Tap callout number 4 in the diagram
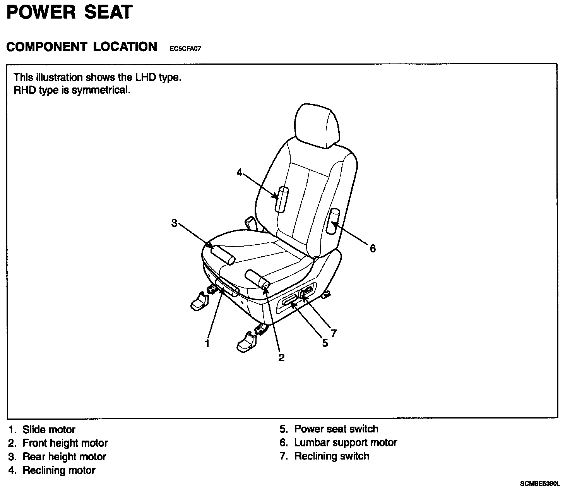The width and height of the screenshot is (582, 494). click(x=240, y=172)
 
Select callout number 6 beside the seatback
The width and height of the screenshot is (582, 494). click(x=373, y=248)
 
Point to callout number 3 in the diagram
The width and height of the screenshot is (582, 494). click(x=174, y=223)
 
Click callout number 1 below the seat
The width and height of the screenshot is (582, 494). click(x=207, y=343)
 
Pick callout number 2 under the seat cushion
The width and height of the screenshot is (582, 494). click(x=281, y=357)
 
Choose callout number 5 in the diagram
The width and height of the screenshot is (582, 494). click(x=325, y=343)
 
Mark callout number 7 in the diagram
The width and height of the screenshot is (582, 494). click(x=334, y=333)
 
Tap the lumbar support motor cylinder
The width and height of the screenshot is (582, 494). click(x=333, y=221)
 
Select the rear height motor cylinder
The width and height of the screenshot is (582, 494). click(x=223, y=255)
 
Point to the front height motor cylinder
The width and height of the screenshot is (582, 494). click(x=257, y=279)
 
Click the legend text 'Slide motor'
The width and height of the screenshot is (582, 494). click(x=49, y=429)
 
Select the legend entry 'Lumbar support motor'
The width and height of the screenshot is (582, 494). click(x=346, y=443)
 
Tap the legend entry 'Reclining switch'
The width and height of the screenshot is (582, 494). click(x=332, y=456)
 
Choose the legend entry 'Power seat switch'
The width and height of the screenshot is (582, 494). click(x=336, y=429)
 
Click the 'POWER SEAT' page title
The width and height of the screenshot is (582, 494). click(x=70, y=12)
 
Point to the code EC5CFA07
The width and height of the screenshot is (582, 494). click(x=185, y=49)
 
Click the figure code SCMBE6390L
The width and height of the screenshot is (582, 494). click(x=540, y=484)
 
